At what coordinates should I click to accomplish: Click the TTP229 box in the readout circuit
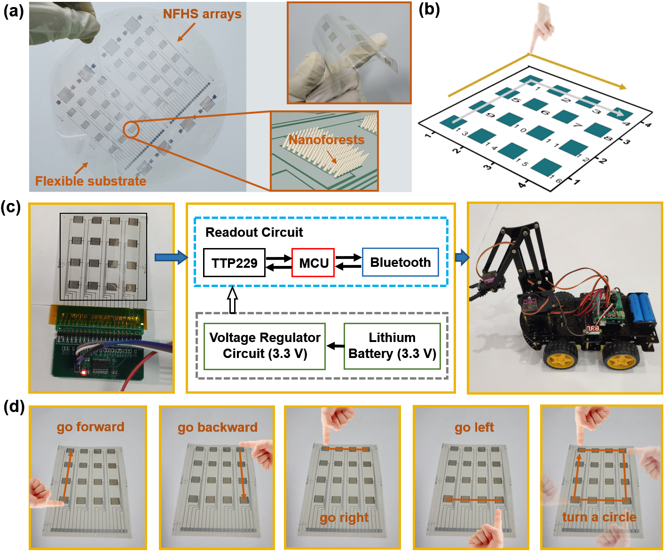tap(234, 263)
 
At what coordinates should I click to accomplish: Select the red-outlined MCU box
tap(313, 263)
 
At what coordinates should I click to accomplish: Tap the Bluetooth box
tap(400, 262)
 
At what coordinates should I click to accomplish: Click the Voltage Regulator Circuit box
tap(265, 346)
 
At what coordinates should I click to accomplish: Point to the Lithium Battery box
tap(392, 346)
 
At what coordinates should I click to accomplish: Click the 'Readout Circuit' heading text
tap(254, 232)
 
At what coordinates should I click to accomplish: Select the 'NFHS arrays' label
tap(202, 14)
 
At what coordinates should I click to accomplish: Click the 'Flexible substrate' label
tap(91, 181)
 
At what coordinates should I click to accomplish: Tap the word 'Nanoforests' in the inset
tap(326, 140)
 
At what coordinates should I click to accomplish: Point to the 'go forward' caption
tap(90, 427)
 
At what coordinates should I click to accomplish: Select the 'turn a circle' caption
tap(599, 517)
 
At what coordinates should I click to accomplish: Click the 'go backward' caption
tap(218, 428)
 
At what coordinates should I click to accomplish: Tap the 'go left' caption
tap(474, 428)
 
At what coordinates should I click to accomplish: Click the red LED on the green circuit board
tap(84, 373)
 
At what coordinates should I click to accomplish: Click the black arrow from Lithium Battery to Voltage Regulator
tap(335, 346)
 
